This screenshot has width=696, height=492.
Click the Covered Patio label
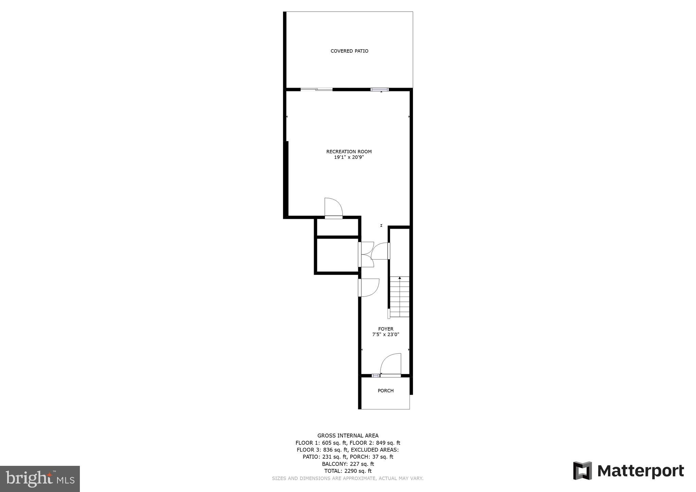(349, 51)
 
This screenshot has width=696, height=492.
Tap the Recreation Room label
(349, 152)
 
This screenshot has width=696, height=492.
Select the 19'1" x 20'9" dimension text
(349, 157)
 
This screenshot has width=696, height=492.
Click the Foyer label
(386, 329)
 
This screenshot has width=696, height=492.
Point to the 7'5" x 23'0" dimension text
(386, 334)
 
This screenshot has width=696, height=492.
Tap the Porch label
(386, 391)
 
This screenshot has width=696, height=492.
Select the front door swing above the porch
(391, 364)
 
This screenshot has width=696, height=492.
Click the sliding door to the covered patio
(316, 89)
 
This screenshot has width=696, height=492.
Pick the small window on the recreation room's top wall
(380, 89)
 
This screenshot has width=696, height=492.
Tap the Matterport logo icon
(582, 471)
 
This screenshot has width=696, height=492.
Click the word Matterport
(641, 471)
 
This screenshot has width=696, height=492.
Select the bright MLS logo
(40, 479)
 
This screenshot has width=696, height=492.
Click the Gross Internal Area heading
(348, 436)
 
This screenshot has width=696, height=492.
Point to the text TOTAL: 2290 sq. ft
(348, 471)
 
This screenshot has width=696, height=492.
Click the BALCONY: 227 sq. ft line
(348, 464)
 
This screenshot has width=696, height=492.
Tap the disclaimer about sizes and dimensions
(348, 478)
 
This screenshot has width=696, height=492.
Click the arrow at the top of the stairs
(400, 278)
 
